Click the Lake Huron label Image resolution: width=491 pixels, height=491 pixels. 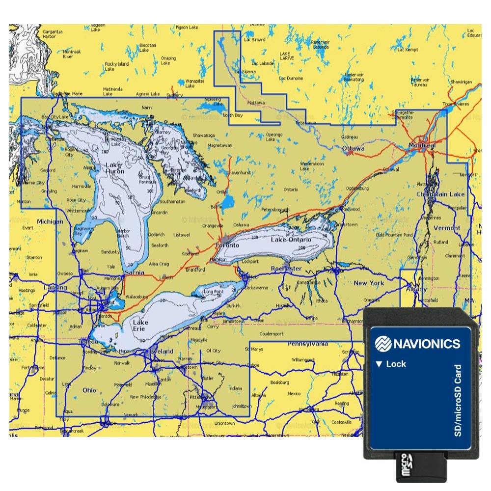click(115, 168)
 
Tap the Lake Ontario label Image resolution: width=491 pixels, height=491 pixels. click(291, 240)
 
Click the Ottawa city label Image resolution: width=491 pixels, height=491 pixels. click(353, 148)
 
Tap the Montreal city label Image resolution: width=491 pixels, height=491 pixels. click(422, 146)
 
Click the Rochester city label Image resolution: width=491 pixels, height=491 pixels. click(286, 269)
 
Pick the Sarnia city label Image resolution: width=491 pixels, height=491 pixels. click(135, 272)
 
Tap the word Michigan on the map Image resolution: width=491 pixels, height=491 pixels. click(50, 222)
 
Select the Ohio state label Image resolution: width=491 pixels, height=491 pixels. click(89, 390)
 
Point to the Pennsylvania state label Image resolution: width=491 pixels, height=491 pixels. click(307, 344)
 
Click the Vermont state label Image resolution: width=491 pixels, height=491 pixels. click(447, 228)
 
